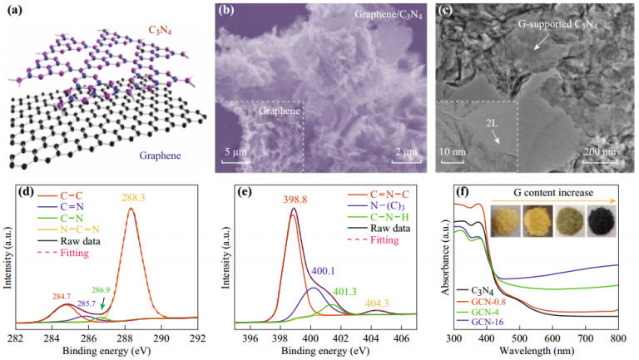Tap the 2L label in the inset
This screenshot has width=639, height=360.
pyautogui.click(x=493, y=125)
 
